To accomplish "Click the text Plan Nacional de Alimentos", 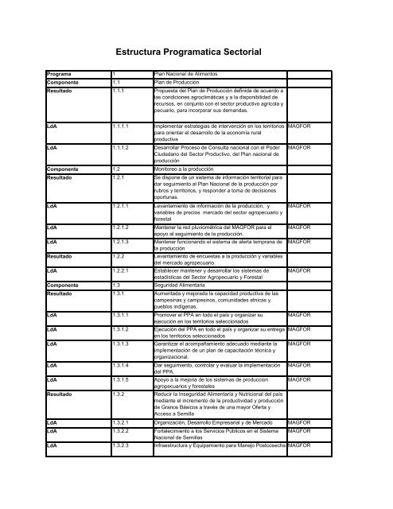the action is click(x=187, y=74).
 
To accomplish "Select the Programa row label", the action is click(x=63, y=74).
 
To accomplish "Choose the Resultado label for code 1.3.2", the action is click(x=64, y=394).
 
